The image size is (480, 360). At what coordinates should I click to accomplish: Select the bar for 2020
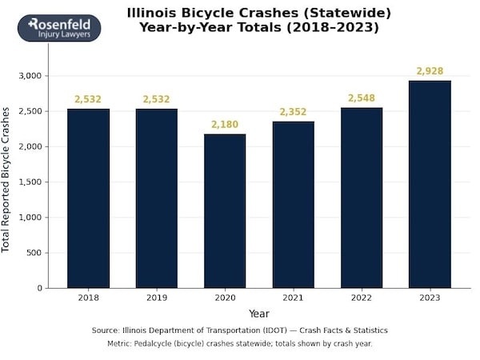pos(225,211)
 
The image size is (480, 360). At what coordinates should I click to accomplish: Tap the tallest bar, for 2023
pos(430,184)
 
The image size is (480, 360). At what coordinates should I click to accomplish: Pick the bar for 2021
pos(293,205)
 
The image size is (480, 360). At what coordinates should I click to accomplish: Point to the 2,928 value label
pos(430,71)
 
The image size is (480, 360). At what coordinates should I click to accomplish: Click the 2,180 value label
pos(225,125)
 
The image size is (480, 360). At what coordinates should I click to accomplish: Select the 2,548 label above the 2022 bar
pos(362,98)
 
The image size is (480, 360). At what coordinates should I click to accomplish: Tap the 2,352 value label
pos(293,112)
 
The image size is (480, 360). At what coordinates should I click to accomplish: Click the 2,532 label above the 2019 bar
pos(156,99)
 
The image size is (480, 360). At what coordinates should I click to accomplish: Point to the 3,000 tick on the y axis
pos(29,76)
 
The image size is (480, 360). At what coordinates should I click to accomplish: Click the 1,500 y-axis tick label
pos(29,182)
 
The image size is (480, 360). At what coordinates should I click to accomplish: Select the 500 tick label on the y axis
pos(34,253)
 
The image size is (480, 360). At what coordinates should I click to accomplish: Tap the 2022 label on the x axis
pos(362,298)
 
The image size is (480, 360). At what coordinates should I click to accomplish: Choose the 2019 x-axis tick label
pos(156,298)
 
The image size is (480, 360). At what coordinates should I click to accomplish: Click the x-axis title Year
pos(258,314)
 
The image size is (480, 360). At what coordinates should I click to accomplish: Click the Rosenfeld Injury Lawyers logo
pos(59,28)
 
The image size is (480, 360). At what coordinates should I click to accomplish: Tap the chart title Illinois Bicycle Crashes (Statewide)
pos(259,13)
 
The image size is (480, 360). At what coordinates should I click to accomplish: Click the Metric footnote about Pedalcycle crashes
pos(240,343)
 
